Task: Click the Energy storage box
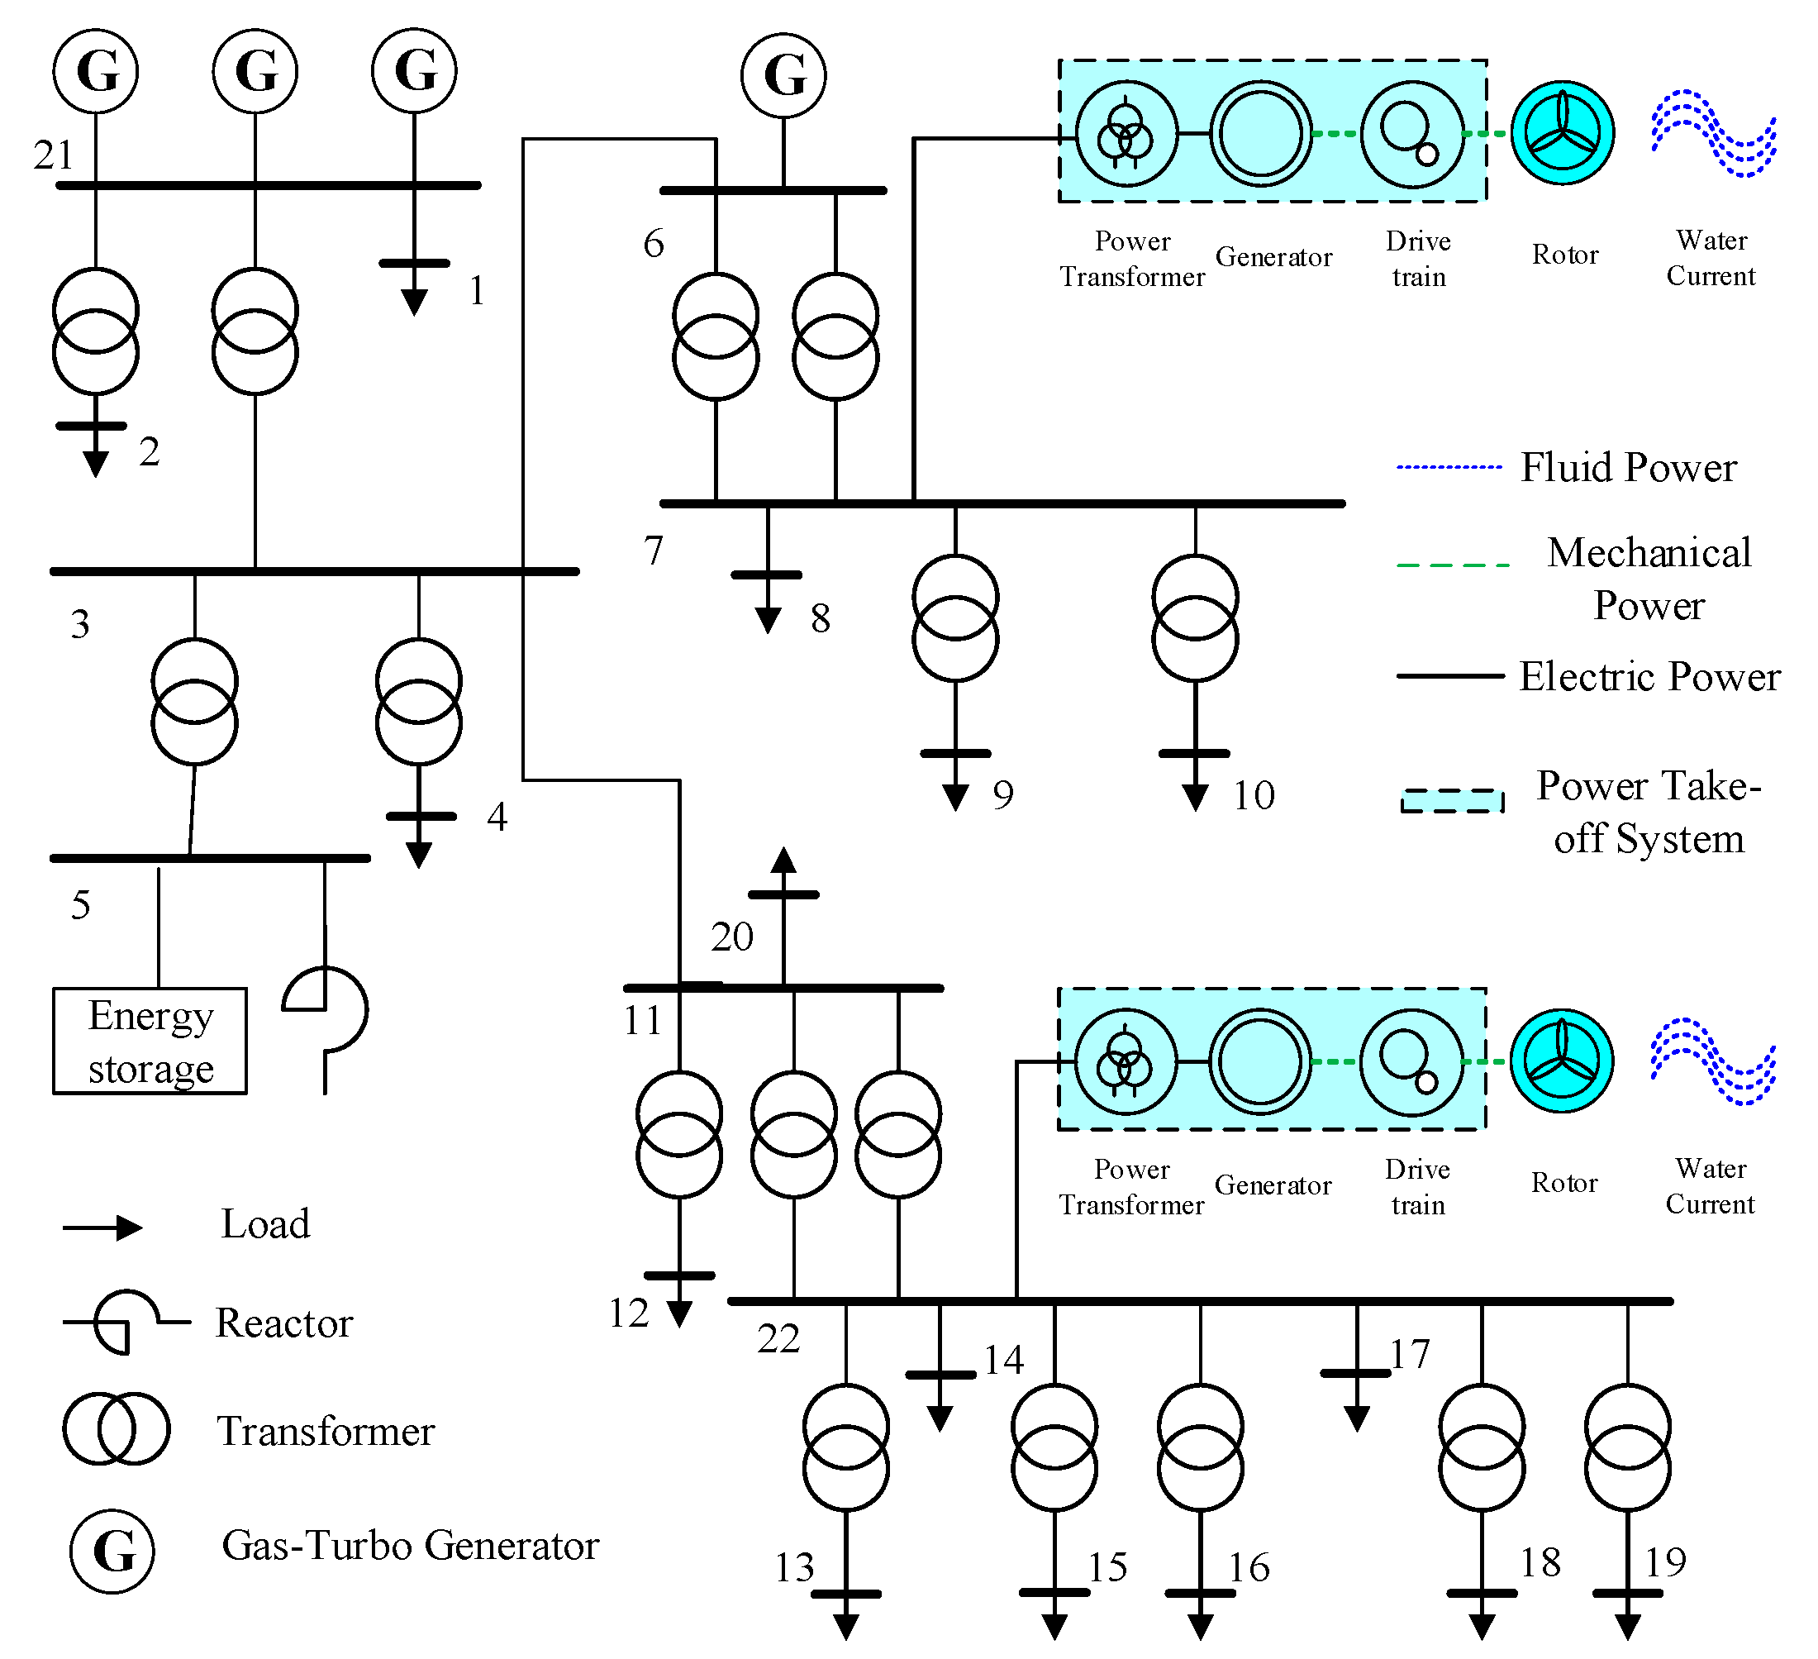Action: (x=150, y=1041)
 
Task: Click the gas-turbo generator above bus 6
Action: (x=783, y=76)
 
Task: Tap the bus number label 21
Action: (x=53, y=155)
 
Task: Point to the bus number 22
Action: (x=778, y=1339)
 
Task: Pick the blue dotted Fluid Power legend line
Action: (x=1449, y=467)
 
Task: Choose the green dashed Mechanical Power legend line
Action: (x=1452, y=565)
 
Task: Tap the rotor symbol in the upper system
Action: (x=1563, y=134)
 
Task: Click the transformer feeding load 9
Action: (x=955, y=618)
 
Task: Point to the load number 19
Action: (x=1664, y=1562)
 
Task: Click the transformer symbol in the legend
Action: (x=116, y=1429)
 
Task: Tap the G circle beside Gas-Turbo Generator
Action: (x=112, y=1552)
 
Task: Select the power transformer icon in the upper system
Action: (x=1126, y=134)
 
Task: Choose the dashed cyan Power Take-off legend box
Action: (x=1452, y=801)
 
